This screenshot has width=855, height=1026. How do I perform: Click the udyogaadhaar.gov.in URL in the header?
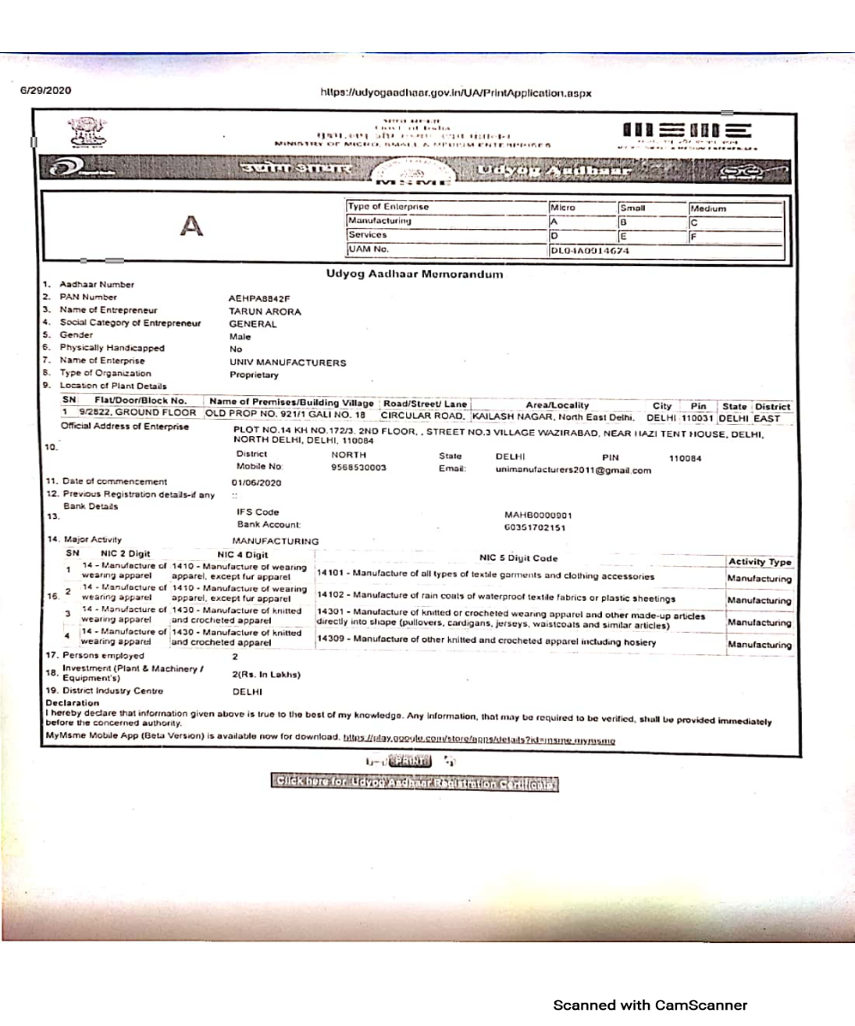455,91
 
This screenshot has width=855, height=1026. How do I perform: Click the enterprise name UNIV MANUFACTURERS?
288,362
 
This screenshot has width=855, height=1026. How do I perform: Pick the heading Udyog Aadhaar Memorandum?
416,273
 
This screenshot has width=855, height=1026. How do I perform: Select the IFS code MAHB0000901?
538,515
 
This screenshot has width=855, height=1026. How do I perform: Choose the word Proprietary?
254,374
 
